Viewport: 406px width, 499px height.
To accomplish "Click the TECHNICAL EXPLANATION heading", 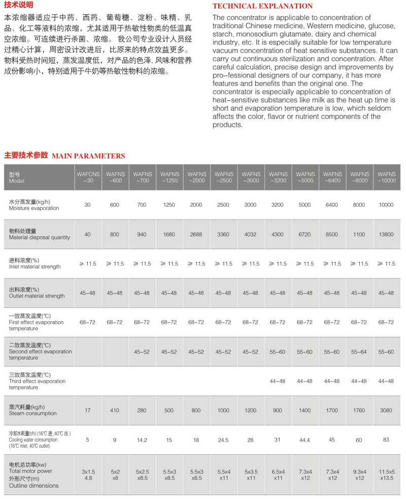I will (262, 6).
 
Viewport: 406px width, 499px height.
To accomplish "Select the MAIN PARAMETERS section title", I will (88, 156).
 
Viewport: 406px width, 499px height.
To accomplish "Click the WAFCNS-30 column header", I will (87, 177).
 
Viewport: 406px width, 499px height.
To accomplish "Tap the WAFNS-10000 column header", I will (386, 177).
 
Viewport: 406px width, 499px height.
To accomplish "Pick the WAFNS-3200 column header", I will (278, 177).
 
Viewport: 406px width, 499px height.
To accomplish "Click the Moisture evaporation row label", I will (33, 208).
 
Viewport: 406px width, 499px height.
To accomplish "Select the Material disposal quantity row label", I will (39, 237).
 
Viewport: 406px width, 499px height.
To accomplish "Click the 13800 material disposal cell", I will (386, 234).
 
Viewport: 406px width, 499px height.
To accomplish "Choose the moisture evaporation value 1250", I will (169, 205).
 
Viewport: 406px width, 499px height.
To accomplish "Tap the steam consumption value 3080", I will (386, 410).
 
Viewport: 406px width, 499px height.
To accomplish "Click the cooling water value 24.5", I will (223, 440).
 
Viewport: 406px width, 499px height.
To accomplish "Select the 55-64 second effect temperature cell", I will (359, 352).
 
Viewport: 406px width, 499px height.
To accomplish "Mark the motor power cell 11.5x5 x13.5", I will (386, 475).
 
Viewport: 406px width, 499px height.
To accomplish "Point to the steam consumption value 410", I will (115, 410).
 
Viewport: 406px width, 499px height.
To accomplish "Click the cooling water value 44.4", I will (304, 440).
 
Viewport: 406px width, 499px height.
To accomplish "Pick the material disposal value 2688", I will (196, 234).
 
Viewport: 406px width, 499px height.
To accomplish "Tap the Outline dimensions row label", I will (33, 486).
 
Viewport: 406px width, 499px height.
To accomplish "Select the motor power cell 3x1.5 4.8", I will (88, 475).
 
